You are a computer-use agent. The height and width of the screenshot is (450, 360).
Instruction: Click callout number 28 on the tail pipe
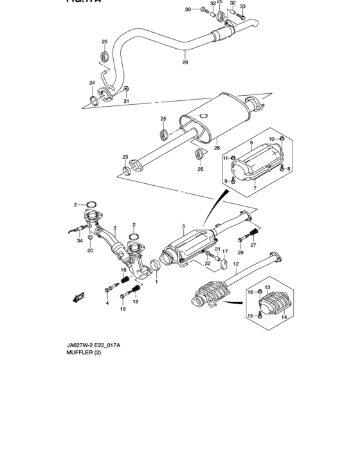(x=185, y=62)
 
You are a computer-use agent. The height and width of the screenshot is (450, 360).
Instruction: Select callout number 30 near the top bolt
(x=188, y=10)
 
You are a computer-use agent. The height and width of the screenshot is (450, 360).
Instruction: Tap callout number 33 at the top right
(x=242, y=6)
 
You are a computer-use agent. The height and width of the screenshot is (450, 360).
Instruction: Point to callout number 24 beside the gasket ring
(x=92, y=83)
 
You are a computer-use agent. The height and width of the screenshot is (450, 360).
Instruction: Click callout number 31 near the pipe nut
(x=127, y=102)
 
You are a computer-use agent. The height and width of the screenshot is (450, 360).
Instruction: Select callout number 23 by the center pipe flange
(x=125, y=157)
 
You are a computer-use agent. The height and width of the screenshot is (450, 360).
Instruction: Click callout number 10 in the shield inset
(x=271, y=139)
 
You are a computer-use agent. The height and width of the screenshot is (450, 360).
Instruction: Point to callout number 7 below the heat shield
(x=255, y=188)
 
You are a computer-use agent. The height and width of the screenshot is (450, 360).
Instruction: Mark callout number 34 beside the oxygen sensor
(x=80, y=241)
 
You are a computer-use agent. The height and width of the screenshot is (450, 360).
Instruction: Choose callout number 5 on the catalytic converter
(x=183, y=226)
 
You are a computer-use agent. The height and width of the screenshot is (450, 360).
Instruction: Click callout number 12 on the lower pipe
(x=236, y=264)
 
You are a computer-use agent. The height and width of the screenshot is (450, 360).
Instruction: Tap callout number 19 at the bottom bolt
(x=122, y=309)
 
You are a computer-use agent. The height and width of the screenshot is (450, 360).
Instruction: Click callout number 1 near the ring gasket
(x=154, y=281)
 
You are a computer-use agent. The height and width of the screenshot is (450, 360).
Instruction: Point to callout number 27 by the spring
(x=253, y=245)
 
